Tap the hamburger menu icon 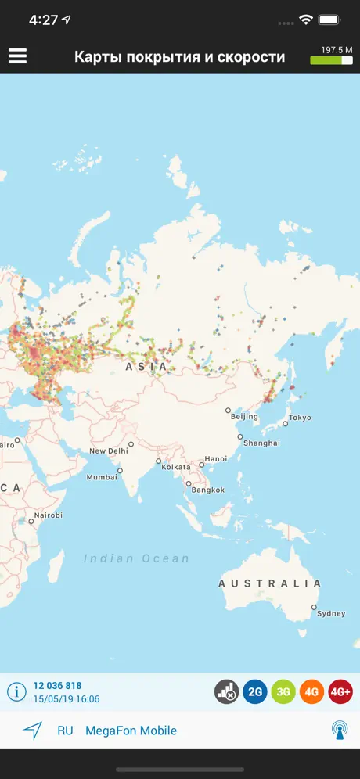17,56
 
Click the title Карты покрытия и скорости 179,57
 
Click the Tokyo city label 299,418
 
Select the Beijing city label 244,417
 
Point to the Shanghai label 261,443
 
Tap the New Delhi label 108,451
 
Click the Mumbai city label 103,477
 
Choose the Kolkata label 176,467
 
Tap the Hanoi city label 215,458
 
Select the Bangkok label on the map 207,490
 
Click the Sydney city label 330,614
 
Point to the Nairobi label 48,515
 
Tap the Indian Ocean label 137,558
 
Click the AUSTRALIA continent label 270,583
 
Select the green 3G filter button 283,691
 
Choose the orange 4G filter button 311,691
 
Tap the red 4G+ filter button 340,691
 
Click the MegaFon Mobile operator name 131,731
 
